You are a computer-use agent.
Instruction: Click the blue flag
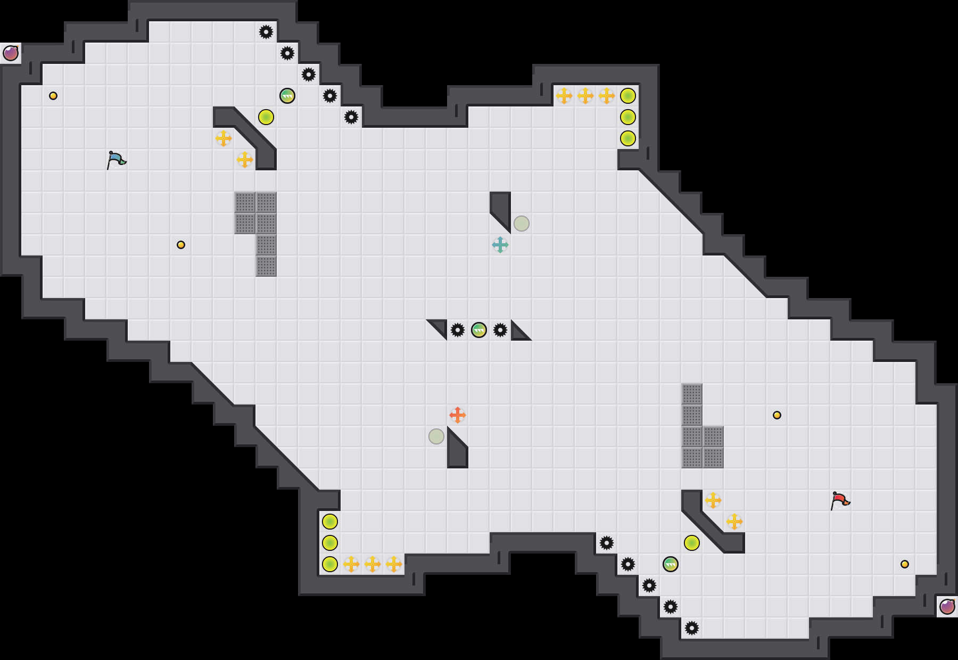pyautogui.click(x=116, y=160)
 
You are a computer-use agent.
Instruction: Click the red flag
pyautogui.click(x=840, y=500)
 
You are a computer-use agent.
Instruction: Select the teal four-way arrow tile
pyautogui.click(x=500, y=245)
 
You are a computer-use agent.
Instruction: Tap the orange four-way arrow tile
pyautogui.click(x=458, y=415)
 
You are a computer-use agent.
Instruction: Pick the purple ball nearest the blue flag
pyautogui.click(x=11, y=53)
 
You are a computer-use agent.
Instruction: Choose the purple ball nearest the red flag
pyautogui.click(x=947, y=607)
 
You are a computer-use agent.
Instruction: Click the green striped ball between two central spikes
pyautogui.click(x=479, y=330)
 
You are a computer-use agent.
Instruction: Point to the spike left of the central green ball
pyautogui.click(x=458, y=330)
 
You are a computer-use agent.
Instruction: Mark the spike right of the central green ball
pyautogui.click(x=500, y=330)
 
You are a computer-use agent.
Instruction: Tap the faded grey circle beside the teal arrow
pyautogui.click(x=522, y=224)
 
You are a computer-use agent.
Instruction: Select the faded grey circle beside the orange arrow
pyautogui.click(x=436, y=436)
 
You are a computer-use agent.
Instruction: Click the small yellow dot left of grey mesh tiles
pyautogui.click(x=181, y=245)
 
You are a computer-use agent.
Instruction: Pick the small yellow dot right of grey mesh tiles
pyautogui.click(x=777, y=415)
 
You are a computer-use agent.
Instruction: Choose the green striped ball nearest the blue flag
pyautogui.click(x=287, y=96)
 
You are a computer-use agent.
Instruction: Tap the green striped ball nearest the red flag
pyautogui.click(x=671, y=564)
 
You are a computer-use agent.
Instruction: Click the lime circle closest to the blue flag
pyautogui.click(x=266, y=117)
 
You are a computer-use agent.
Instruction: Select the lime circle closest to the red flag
pyautogui.click(x=692, y=543)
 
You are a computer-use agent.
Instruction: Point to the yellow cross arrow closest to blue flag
pyautogui.click(x=224, y=138)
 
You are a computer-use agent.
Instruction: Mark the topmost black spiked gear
pyautogui.click(x=266, y=32)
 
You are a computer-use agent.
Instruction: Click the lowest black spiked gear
pyautogui.click(x=692, y=628)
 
